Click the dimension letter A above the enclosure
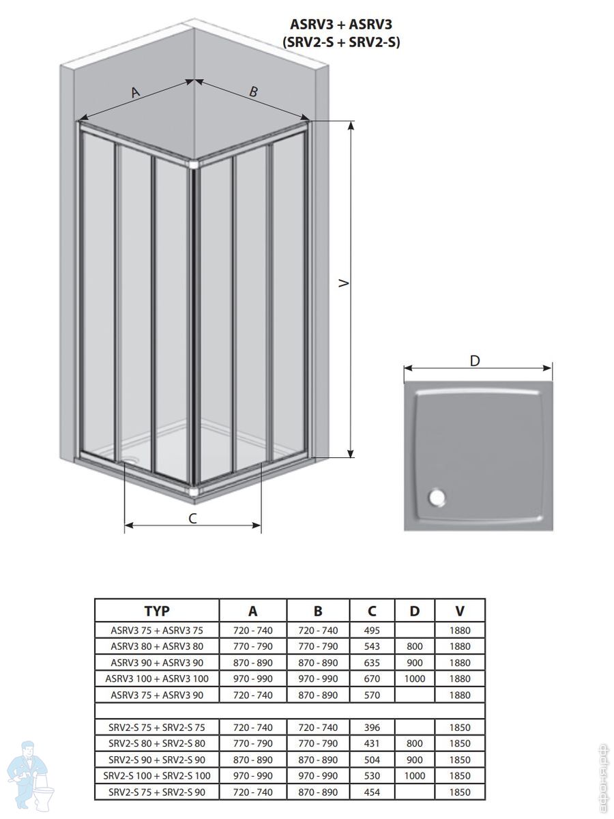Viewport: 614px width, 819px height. tap(136, 91)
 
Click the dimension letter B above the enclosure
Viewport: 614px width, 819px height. tap(254, 91)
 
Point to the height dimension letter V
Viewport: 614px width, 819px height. tap(344, 283)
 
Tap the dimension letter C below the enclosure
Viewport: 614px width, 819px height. tap(192, 518)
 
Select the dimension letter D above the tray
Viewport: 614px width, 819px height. tap(475, 361)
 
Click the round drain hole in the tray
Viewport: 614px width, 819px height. tap(437, 498)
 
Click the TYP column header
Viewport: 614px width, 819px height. tap(157, 611)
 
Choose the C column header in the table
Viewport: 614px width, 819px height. tap(372, 611)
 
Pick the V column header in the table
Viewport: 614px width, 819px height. tap(460, 611)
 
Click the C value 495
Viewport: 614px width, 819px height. tap(372, 631)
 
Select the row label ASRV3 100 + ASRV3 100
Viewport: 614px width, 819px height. tap(157, 678)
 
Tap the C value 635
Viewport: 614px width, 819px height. tap(372, 663)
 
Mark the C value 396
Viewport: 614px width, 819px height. tap(372, 728)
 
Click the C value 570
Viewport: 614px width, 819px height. tap(372, 695)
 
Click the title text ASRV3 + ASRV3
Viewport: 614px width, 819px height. tap(341, 25)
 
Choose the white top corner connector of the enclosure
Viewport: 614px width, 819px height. tap(194, 164)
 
